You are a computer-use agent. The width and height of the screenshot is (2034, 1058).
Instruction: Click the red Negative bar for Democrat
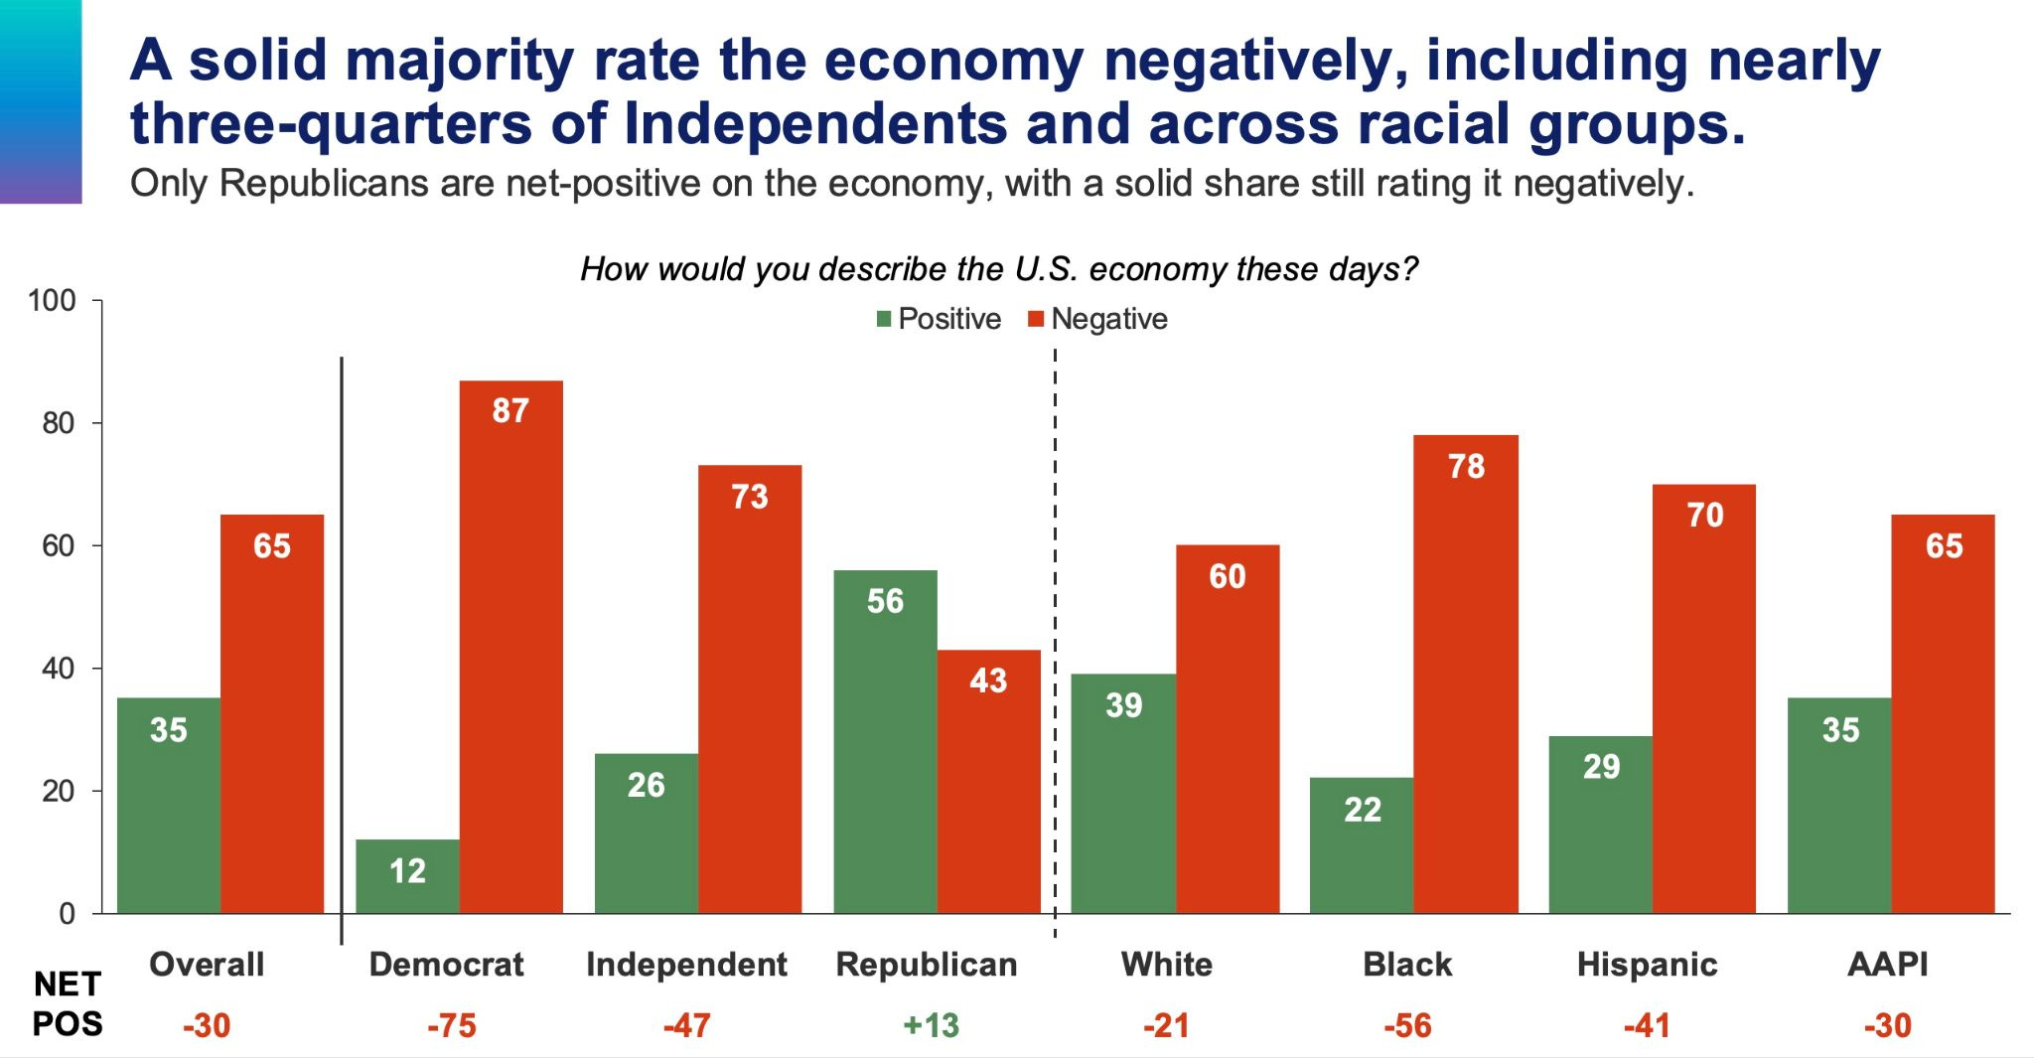pyautogui.click(x=510, y=646)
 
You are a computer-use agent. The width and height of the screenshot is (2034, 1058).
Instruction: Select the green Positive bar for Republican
pyautogui.click(x=885, y=741)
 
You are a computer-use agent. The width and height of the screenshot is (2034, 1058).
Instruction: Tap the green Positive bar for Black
pyautogui.click(x=1362, y=844)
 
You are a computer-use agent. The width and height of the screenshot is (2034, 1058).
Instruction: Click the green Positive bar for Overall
pyautogui.click(x=169, y=805)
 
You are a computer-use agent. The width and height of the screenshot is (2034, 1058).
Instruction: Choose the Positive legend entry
pyautogui.click(x=939, y=319)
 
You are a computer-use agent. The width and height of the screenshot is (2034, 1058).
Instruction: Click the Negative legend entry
pyautogui.click(x=1097, y=319)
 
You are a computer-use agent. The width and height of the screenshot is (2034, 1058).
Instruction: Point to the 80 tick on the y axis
pyautogui.click(x=59, y=423)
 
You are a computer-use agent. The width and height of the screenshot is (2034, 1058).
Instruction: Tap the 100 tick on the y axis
pyautogui.click(x=52, y=300)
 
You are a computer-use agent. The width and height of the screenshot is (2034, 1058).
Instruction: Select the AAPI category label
pyautogui.click(x=1887, y=964)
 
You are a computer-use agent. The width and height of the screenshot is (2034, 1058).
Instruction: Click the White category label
pyautogui.click(x=1166, y=964)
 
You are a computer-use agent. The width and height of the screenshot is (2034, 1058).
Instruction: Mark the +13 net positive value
pyautogui.click(x=931, y=1024)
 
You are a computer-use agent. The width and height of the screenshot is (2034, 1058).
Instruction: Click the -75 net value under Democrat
pyautogui.click(x=451, y=1024)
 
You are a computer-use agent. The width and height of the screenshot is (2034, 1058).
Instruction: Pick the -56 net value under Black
pyautogui.click(x=1407, y=1024)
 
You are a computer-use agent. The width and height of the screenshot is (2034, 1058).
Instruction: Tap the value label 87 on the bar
pyautogui.click(x=510, y=410)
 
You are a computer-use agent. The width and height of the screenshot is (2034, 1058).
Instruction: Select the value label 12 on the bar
pyautogui.click(x=407, y=871)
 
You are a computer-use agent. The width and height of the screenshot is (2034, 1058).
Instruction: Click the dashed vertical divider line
pyautogui.click(x=1055, y=636)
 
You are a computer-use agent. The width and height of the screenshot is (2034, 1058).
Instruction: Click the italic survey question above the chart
pyautogui.click(x=999, y=269)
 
